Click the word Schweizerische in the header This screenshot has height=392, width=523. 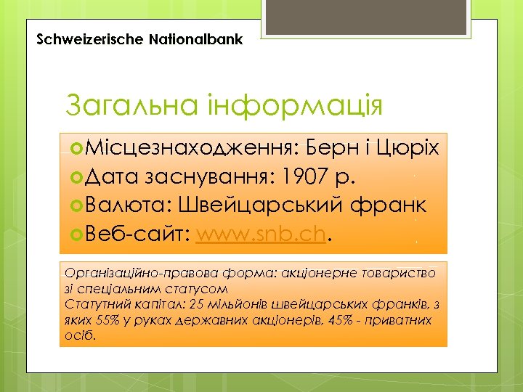tap(81, 38)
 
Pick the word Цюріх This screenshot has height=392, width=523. tap(408, 149)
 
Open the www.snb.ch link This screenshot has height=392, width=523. tap(263, 235)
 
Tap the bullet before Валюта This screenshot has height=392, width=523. tap(78, 206)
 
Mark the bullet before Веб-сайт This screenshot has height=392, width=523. tap(78, 235)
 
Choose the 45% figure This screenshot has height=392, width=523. tap(344, 319)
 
